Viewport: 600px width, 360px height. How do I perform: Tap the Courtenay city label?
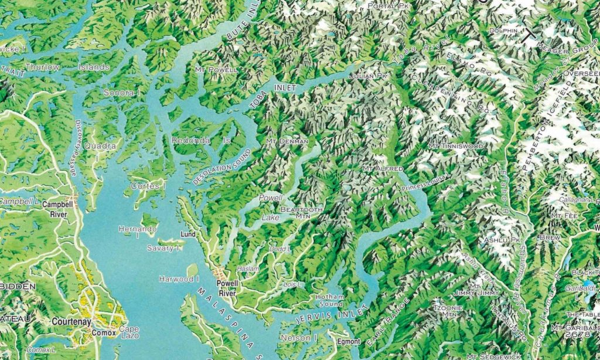pyautogui.click(x=70, y=322)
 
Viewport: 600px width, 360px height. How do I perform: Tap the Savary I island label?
pyautogui.click(x=163, y=248)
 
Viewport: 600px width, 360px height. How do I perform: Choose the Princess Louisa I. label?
pyautogui.click(x=426, y=182)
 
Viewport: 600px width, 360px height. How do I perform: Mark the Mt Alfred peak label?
pyautogui.click(x=383, y=169)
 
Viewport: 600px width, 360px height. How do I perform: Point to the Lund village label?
pyautogui.click(x=188, y=234)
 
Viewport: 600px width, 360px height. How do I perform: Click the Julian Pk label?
pyautogui.click(x=368, y=76)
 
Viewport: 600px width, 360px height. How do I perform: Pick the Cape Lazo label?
pyautogui.click(x=129, y=332)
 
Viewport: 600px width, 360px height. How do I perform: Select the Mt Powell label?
pyautogui.click(x=221, y=70)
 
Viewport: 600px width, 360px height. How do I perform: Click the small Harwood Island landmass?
pyautogui.click(x=192, y=270)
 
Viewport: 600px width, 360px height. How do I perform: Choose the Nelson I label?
pyautogui.click(x=299, y=338)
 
